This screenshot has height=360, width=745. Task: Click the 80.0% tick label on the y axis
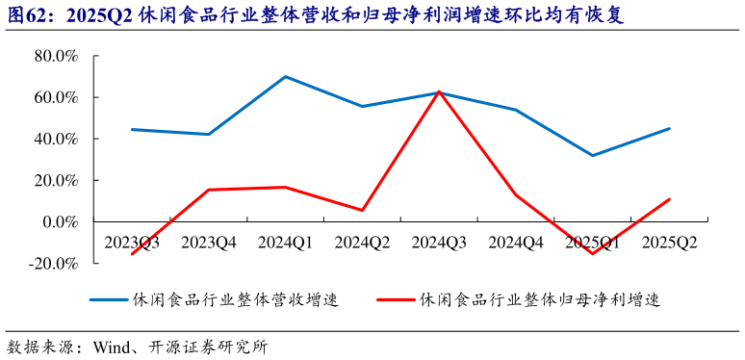tap(55, 56)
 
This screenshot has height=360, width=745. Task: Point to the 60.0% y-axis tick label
tap(55, 97)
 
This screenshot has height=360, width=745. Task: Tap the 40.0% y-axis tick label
tap(55, 139)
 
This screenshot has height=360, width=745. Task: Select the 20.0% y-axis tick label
tap(55, 180)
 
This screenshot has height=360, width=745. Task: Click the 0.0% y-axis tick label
tap(59, 221)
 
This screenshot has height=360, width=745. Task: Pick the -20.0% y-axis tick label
tap(52, 263)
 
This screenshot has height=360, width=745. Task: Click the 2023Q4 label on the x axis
tap(209, 242)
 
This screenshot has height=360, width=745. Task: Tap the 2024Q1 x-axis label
tap(286, 242)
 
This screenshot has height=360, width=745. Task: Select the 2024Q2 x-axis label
tap(363, 242)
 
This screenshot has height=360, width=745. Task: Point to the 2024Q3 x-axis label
tap(440, 242)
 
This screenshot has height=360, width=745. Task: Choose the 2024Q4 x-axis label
tap(516, 242)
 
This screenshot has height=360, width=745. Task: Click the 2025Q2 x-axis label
tap(670, 242)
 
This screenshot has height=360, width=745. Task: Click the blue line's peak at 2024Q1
tap(286, 76)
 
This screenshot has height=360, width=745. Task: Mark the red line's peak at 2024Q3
tap(440, 91)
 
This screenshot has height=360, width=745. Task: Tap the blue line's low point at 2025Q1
tap(593, 155)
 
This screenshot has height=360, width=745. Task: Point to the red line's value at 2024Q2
tap(363, 210)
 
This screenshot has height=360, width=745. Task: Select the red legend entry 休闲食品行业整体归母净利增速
tap(539, 299)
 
